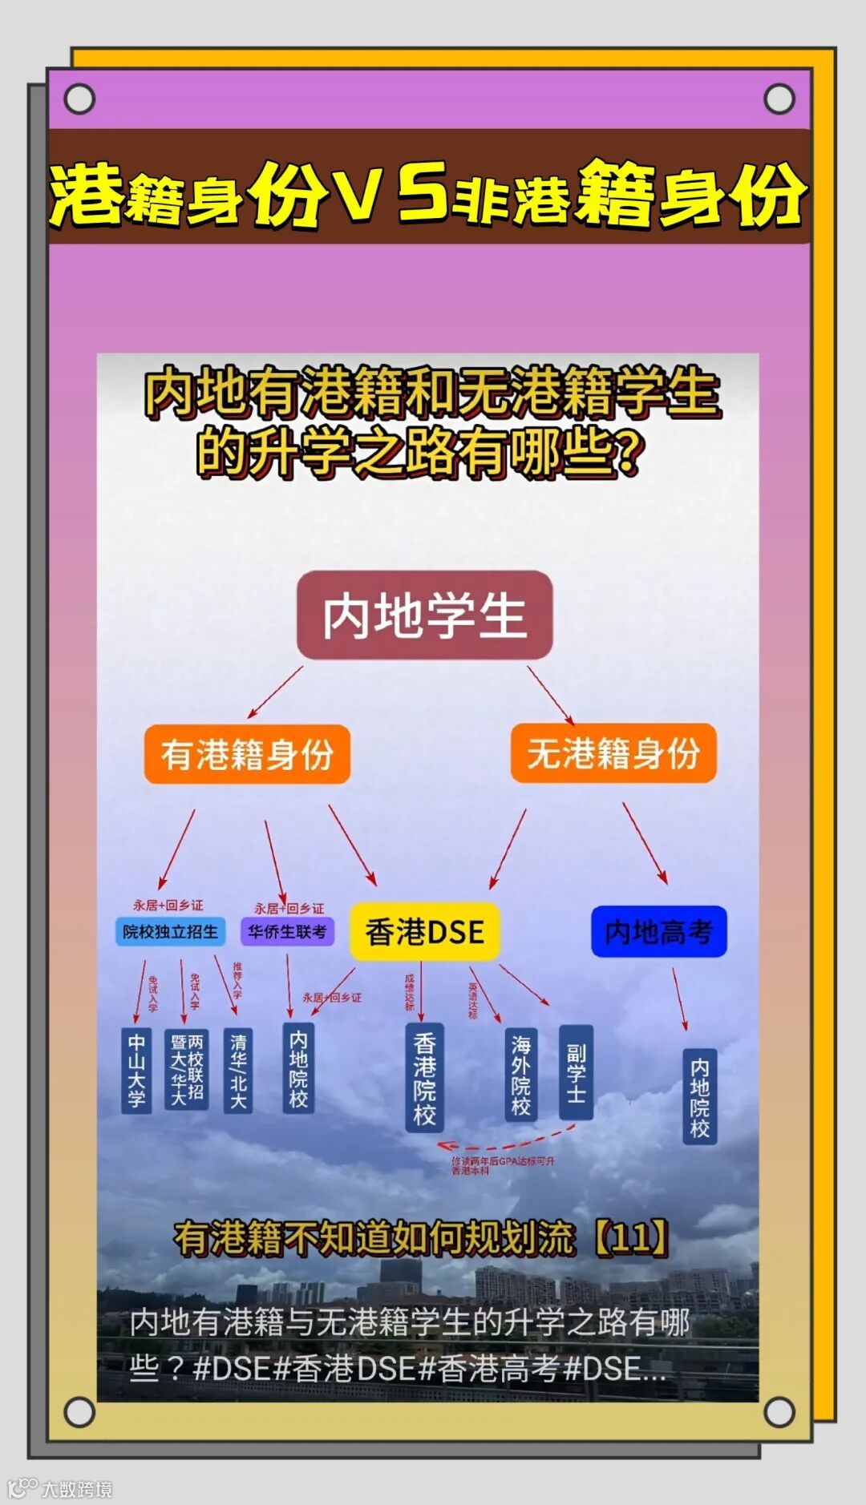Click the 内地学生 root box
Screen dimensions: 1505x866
tap(424, 615)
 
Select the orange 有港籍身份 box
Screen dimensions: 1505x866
tap(247, 754)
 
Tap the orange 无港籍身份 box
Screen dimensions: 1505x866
tap(613, 753)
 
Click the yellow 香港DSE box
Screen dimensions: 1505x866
tap(424, 931)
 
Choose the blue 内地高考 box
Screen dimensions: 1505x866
tap(658, 931)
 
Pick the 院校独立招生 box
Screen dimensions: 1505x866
tap(170, 931)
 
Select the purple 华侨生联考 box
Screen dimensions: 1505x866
tap(287, 931)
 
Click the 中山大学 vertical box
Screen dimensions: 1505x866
tap(136, 1070)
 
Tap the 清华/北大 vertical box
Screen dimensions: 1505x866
tap(238, 1070)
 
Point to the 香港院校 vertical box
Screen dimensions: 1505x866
tap(424, 1077)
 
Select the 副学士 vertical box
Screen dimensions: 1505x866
tap(576, 1072)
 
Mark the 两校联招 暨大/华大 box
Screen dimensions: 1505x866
tap(186, 1070)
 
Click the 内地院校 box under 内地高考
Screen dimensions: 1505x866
tap(699, 1096)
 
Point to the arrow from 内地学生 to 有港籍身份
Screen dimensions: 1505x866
tap(275, 692)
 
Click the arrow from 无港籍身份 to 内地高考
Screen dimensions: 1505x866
tap(645, 843)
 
